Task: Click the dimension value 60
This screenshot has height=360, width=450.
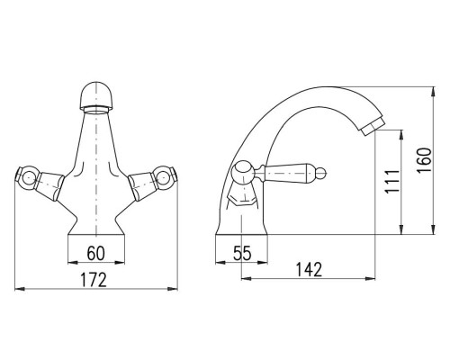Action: coord(96,253)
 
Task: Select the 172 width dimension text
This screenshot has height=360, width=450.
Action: coord(94,280)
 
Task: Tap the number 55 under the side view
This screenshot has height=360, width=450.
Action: coord(242,253)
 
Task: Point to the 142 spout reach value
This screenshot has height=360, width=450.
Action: coord(309,269)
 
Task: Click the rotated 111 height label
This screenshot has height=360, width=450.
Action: coord(392,181)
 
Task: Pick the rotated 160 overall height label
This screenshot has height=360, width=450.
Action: coord(424,160)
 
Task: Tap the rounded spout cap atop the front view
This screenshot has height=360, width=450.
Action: coord(95,95)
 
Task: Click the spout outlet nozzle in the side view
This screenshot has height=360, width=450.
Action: coord(373,127)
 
